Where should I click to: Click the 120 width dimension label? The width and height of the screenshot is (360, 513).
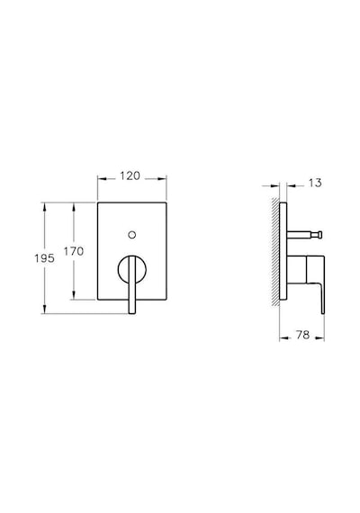pos(130,176)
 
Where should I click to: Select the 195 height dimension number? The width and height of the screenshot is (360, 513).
pos(44,258)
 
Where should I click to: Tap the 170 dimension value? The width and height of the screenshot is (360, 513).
pos(74,251)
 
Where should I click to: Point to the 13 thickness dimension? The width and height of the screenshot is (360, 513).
pos(315,183)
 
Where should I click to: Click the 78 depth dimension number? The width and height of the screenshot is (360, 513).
pos(302,335)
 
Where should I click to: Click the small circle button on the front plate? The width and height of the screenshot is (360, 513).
pos(132,235)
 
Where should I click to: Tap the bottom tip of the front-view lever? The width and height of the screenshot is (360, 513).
pos(132,313)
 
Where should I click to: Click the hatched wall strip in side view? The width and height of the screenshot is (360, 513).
pos(275,252)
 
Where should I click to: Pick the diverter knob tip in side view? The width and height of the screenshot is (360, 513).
pos(321,235)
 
